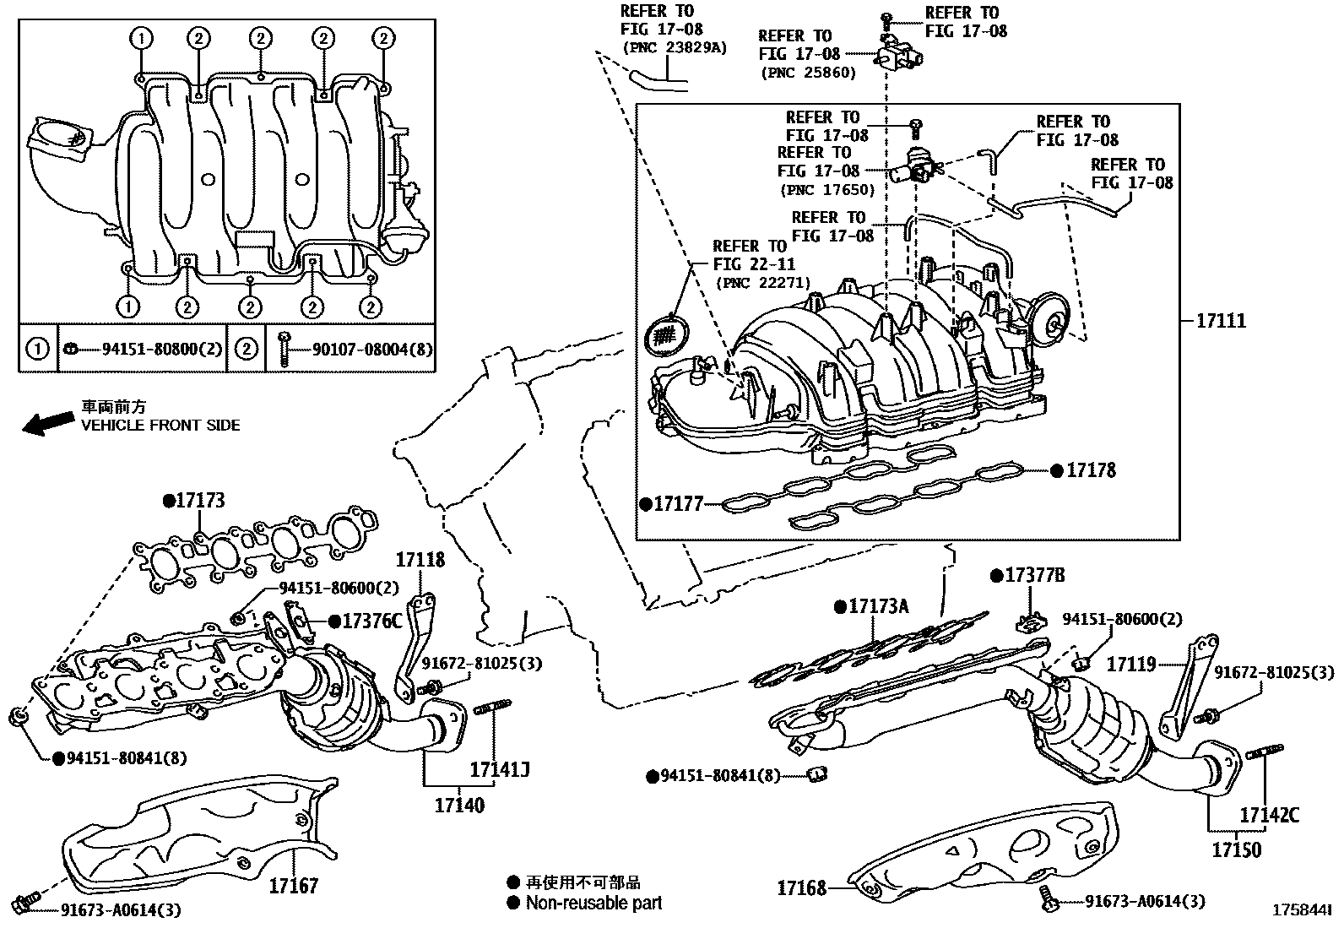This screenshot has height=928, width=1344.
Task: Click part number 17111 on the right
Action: pos(1221,322)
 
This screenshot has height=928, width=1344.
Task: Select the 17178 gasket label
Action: pos(1091,470)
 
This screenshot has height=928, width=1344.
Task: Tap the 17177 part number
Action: pos(679,504)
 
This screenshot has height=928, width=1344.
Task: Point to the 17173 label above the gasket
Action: pos(200,501)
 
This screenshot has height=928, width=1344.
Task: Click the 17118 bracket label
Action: pos(420,559)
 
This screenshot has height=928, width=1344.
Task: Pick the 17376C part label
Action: pos(371,621)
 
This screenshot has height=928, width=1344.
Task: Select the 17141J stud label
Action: pos(499,769)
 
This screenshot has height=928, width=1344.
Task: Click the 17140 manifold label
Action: pos(459,806)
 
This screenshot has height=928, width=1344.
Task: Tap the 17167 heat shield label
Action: pos(294,886)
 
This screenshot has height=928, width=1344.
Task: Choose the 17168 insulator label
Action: pos(801,887)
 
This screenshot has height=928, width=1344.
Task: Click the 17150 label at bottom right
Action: pos(1236,849)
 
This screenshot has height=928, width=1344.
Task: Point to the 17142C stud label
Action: pos(1269,815)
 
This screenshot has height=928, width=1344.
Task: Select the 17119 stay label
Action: pos(1131,665)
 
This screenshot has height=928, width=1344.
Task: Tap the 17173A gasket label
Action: pos(878,606)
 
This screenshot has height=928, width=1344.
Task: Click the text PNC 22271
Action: pos(762,283)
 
